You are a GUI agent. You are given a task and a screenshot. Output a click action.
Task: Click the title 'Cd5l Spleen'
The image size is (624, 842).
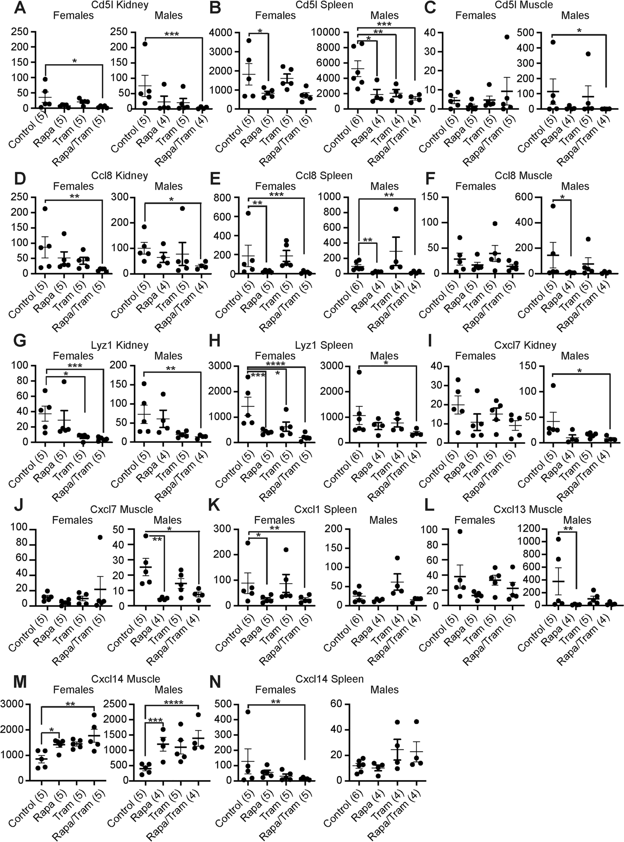[324, 5]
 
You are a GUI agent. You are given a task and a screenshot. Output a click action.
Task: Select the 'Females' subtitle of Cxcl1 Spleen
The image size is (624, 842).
[275, 520]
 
